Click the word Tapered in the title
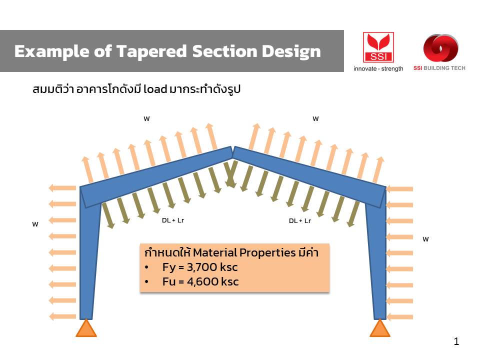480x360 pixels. tap(151, 51)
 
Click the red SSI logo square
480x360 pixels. tap(378, 47)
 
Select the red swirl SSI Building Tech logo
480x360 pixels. tap(440, 48)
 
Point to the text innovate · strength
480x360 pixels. tap(378, 68)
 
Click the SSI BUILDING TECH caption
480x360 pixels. tap(439, 68)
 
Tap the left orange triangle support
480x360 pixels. tap(86, 328)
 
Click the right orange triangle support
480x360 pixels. tap(380, 328)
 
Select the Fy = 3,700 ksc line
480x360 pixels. tap(200, 267)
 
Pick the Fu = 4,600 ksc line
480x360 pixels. tap(200, 281)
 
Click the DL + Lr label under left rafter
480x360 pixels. tap(173, 220)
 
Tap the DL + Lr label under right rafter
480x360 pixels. tap(300, 220)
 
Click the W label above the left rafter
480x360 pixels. tap(146, 119)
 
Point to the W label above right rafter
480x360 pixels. tap(315, 119)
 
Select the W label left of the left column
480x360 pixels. tap(35, 224)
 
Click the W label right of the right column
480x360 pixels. tap(425, 239)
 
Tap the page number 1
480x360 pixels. tap(456, 341)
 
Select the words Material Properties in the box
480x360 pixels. tap(244, 253)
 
